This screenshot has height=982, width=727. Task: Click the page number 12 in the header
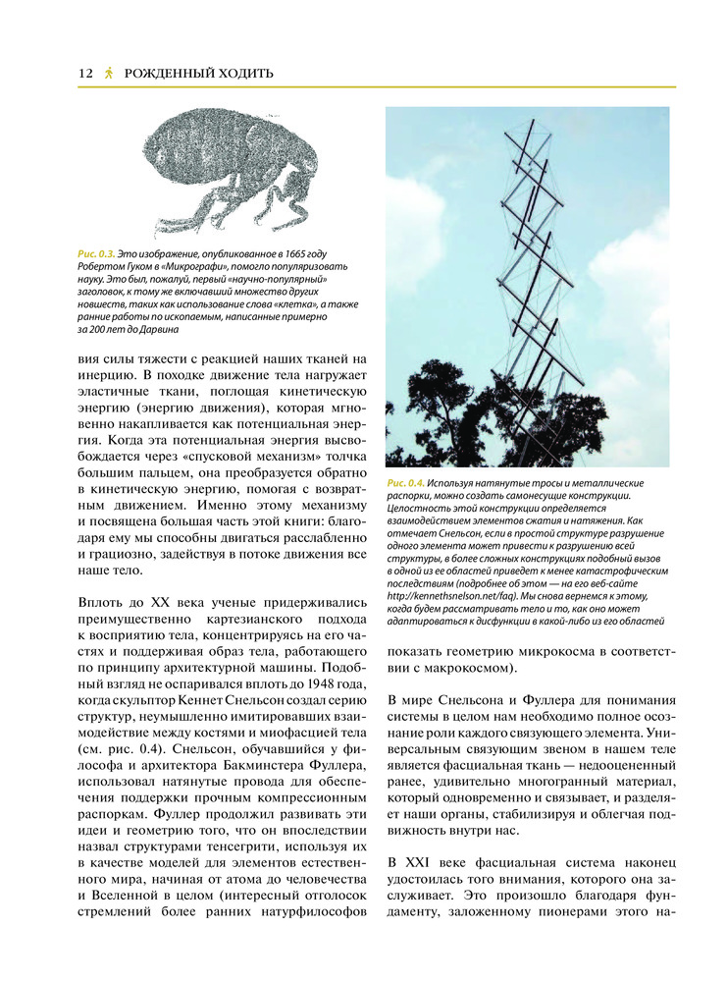tap(84, 74)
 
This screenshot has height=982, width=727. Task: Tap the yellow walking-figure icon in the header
tap(109, 74)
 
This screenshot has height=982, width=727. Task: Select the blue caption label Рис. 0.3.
tap(95, 253)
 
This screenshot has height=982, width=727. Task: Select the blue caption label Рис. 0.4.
tap(405, 484)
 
